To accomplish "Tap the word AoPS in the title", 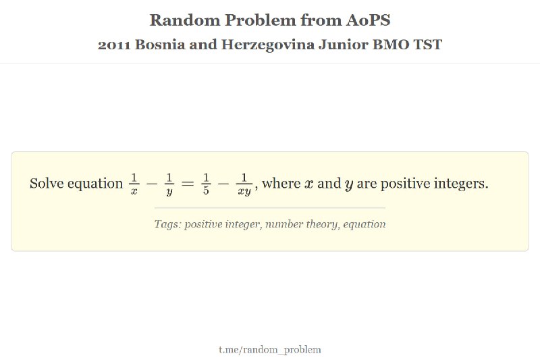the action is [368, 20].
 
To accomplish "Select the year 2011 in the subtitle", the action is [114, 45].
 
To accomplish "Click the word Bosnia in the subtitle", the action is [160, 45].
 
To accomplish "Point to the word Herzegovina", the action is [267, 45].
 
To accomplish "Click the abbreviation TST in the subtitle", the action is [428, 45].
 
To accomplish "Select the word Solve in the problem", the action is [47, 183].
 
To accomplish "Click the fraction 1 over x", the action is [134, 184].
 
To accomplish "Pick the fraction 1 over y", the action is [169, 184].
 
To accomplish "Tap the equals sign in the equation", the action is [188, 184].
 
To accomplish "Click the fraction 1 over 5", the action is [206, 184].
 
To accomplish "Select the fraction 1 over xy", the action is [244, 184].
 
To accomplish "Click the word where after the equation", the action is [281, 183].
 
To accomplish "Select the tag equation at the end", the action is [364, 224].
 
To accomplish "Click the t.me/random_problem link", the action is [270, 350].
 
